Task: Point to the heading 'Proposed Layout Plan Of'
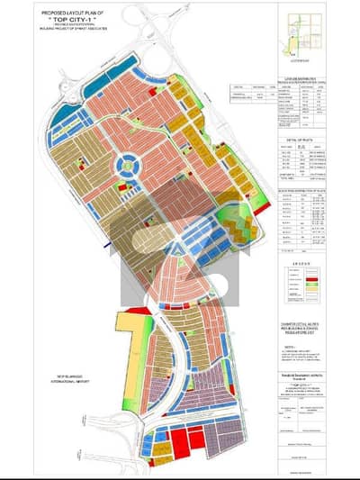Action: pyautogui.click(x=67, y=10)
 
